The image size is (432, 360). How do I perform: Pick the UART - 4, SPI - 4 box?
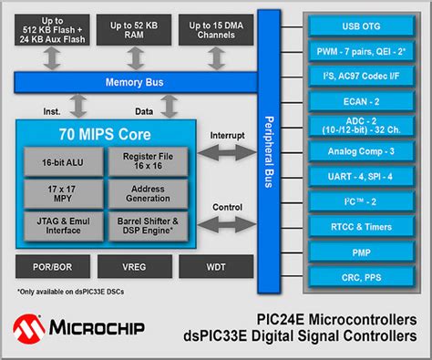pos(356,176)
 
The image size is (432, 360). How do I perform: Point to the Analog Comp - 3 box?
pos(356,150)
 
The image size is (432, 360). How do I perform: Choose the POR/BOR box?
pos(52,266)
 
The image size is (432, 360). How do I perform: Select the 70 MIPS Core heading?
pos(105,134)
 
